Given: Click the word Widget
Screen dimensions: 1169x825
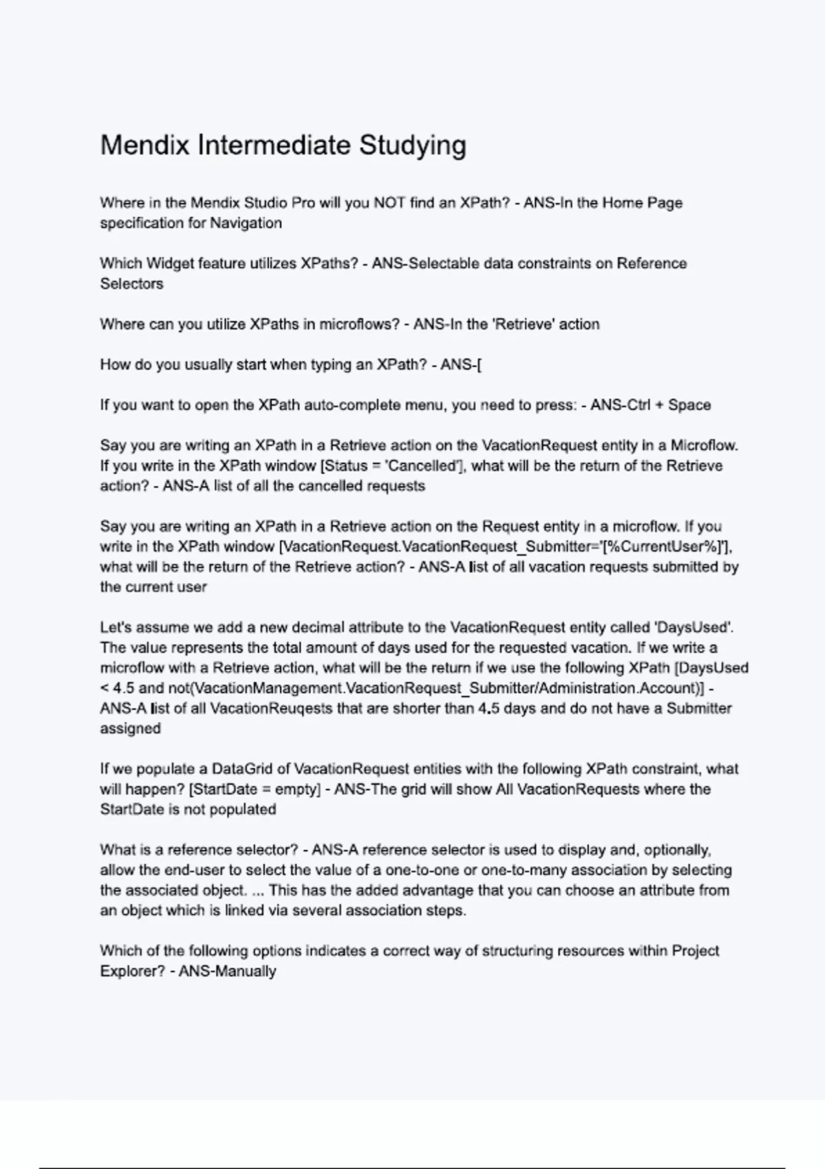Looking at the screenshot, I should tap(170, 263).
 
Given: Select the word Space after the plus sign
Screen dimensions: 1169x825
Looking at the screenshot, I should tap(690, 405).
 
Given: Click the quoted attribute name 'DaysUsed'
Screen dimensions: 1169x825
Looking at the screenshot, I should tap(693, 627).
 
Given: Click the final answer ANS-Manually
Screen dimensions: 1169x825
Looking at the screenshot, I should tap(228, 972).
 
